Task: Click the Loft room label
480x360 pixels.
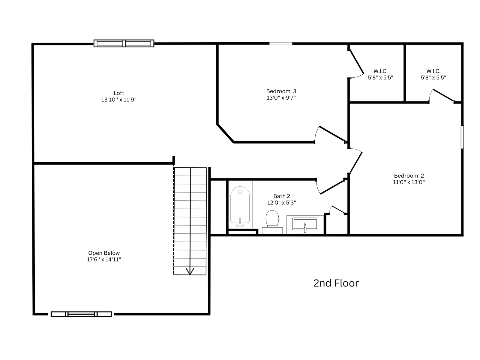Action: (x=119, y=93)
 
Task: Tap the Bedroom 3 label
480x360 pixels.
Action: (x=281, y=91)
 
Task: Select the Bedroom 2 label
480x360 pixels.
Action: (x=409, y=175)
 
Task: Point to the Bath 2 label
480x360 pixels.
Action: (x=281, y=196)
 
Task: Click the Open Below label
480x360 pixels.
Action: (x=104, y=253)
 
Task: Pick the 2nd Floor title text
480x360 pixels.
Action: (x=336, y=283)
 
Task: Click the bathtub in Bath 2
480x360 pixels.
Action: (x=240, y=205)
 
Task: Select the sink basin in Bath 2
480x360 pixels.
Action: (x=305, y=224)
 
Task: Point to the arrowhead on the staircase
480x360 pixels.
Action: (x=190, y=272)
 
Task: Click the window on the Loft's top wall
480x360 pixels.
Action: (x=124, y=43)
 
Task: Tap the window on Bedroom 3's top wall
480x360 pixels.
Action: (x=281, y=43)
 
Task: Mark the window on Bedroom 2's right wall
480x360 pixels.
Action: (x=462, y=137)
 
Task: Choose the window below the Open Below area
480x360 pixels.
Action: (x=81, y=314)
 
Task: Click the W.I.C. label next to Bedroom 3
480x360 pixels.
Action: (x=380, y=71)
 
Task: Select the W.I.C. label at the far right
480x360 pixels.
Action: (x=433, y=71)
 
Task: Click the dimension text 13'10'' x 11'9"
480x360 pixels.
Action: (x=119, y=100)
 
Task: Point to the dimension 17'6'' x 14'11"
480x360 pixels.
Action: (x=104, y=259)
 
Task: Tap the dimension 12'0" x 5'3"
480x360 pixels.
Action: (x=281, y=202)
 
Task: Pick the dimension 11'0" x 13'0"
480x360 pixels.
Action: (x=409, y=182)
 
